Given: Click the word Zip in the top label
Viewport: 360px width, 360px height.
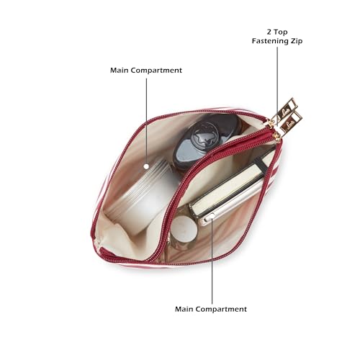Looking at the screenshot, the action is click(x=296, y=41).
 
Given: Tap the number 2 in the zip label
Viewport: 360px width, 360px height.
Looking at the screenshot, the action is click(x=269, y=32).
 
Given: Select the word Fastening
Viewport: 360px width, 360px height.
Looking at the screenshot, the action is click(x=269, y=41).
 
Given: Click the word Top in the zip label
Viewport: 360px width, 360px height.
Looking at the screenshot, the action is click(x=281, y=32).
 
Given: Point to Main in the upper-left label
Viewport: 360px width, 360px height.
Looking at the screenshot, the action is click(x=120, y=71).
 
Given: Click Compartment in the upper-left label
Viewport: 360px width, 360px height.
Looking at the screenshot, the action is click(x=156, y=71).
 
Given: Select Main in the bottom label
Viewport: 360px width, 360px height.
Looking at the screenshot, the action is click(x=184, y=309).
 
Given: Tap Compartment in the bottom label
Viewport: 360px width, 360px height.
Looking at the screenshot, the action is click(x=221, y=310).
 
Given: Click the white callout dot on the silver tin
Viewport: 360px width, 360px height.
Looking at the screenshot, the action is click(x=146, y=166).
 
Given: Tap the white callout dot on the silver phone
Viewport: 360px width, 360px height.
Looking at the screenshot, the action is click(x=212, y=217).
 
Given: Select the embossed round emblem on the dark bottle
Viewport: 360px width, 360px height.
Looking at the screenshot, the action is click(x=204, y=135).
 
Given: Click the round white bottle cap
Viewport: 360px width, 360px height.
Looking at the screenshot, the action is click(x=184, y=229).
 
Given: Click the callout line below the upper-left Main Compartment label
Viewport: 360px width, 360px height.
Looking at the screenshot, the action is click(x=146, y=122).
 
